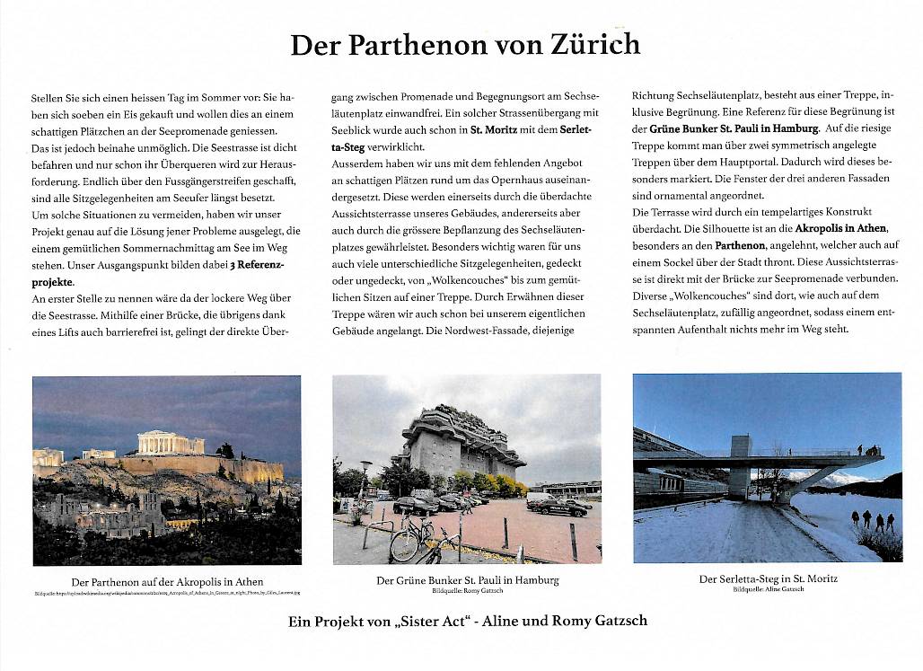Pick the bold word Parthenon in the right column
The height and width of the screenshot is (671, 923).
[x=740, y=244]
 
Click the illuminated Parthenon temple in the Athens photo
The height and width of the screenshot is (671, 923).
[x=171, y=443]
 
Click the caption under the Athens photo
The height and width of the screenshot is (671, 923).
[x=167, y=581]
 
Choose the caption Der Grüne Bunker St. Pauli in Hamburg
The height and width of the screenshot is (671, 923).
[x=467, y=579]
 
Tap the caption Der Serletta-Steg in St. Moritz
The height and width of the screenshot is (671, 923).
[x=768, y=578]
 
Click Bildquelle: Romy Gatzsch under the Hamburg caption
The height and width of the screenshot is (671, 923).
[x=467, y=590]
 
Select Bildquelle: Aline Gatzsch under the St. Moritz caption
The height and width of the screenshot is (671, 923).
[x=768, y=589]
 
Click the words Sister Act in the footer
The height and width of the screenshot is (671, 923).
[x=459, y=621]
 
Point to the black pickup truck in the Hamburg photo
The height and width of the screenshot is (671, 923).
[x=561, y=508]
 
